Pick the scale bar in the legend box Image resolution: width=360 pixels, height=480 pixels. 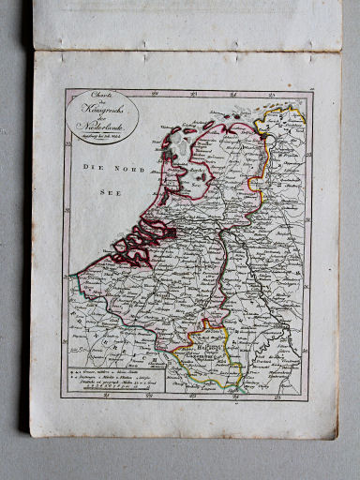(101, 389)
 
